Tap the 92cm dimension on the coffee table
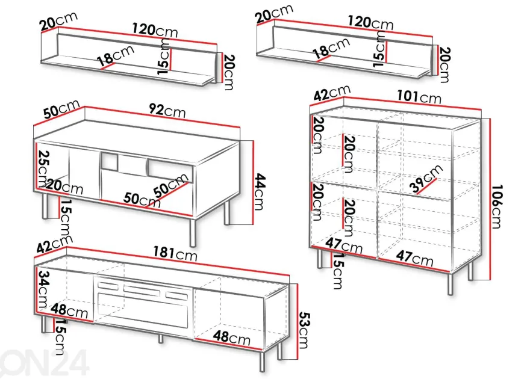167,110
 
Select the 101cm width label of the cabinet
419,97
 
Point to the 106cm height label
496,206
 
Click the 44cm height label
259,191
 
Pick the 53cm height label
304,330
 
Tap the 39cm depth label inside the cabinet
426,179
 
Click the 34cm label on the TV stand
43,289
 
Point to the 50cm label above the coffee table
61,108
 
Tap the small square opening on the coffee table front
109,161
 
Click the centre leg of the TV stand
161,339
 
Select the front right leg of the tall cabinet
450,284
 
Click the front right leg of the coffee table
193,233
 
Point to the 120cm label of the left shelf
155,30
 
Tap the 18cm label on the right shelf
331,48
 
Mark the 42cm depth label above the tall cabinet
332,93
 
